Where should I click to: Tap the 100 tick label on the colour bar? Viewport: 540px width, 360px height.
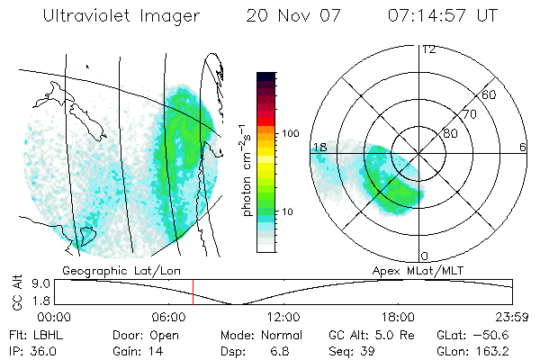[x=290, y=133]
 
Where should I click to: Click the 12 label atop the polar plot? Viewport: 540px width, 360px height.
[x=428, y=49]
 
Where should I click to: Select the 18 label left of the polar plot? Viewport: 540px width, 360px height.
[x=319, y=146]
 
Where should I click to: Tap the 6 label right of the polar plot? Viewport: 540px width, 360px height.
[x=523, y=146]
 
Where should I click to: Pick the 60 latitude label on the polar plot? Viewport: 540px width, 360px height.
[x=489, y=94]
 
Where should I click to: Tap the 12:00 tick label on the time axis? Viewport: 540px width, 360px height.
[x=283, y=316]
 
